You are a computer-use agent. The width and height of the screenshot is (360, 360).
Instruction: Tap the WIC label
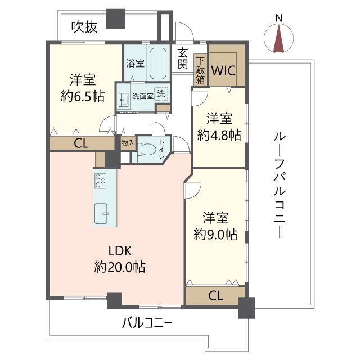click(223, 71)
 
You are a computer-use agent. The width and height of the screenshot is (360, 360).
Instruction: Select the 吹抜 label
click(83, 26)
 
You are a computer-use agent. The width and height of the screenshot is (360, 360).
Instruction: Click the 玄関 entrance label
click(182, 58)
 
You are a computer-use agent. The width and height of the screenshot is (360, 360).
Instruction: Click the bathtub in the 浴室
click(157, 64)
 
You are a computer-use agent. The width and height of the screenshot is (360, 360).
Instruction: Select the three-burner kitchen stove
click(101, 181)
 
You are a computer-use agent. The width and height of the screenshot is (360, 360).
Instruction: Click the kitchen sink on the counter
click(103, 213)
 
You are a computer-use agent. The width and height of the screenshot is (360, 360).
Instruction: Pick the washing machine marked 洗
click(161, 93)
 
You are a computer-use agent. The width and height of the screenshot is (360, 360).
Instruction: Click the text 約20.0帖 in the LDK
click(119, 267)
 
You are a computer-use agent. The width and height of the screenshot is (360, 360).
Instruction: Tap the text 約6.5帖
click(82, 95)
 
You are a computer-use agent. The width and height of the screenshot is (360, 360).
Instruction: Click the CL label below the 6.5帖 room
click(82, 143)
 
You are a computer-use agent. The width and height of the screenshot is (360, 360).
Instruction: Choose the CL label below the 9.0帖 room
click(214, 295)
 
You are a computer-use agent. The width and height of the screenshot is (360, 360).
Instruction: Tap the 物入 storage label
click(128, 143)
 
